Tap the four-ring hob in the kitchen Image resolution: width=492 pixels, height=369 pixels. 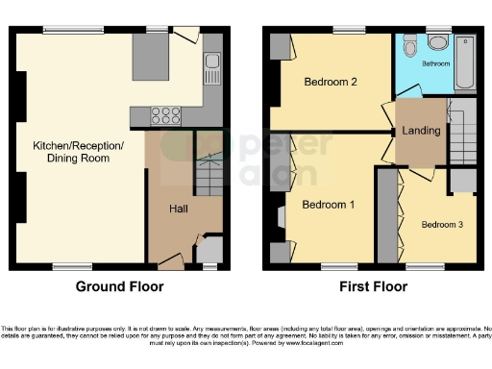pyautogui.click(x=166, y=116)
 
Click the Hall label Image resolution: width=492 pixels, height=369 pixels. pyautogui.click(x=179, y=209)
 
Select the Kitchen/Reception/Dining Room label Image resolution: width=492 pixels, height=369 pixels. pyautogui.click(x=79, y=152)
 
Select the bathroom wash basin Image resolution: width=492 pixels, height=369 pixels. pyautogui.click(x=437, y=42)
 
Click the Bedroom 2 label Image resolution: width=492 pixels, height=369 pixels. pyautogui.click(x=331, y=83)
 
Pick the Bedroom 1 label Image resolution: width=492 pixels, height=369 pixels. pyautogui.click(x=329, y=205)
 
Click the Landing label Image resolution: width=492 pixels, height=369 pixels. pyautogui.click(x=420, y=132)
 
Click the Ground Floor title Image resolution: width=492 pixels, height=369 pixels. pyautogui.click(x=118, y=286)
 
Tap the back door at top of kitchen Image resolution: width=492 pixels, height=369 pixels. pyautogui.click(x=187, y=36)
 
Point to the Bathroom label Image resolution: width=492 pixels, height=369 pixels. pyautogui.click(x=436, y=63)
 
